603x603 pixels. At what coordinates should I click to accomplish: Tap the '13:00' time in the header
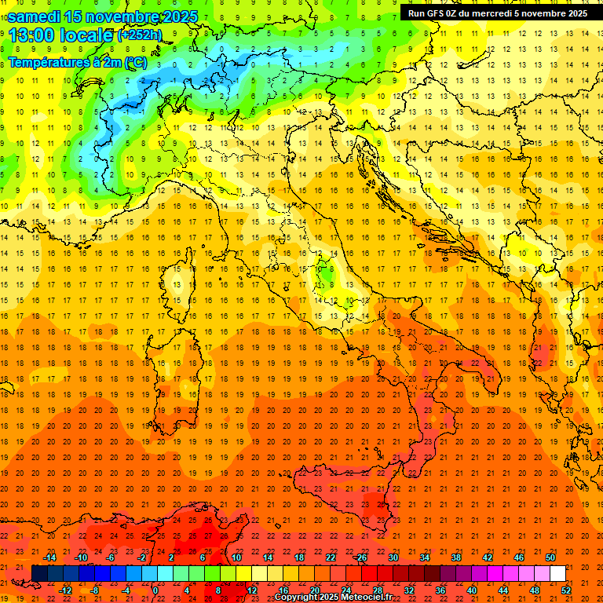(32, 35)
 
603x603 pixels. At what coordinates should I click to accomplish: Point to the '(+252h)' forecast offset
(139, 35)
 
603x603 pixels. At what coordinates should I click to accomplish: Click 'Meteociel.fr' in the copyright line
(367, 598)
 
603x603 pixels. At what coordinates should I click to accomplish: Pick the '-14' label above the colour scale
(49, 557)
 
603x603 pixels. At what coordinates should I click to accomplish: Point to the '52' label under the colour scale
(566, 590)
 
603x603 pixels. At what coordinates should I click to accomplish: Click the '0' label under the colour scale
(155, 590)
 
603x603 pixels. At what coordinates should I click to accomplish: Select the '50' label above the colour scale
(550, 557)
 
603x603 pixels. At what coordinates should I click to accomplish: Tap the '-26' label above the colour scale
(360, 557)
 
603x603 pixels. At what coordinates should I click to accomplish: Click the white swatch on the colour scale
(557, 573)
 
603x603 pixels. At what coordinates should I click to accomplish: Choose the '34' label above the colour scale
(424, 557)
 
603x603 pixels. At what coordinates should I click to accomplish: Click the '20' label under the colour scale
(314, 590)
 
